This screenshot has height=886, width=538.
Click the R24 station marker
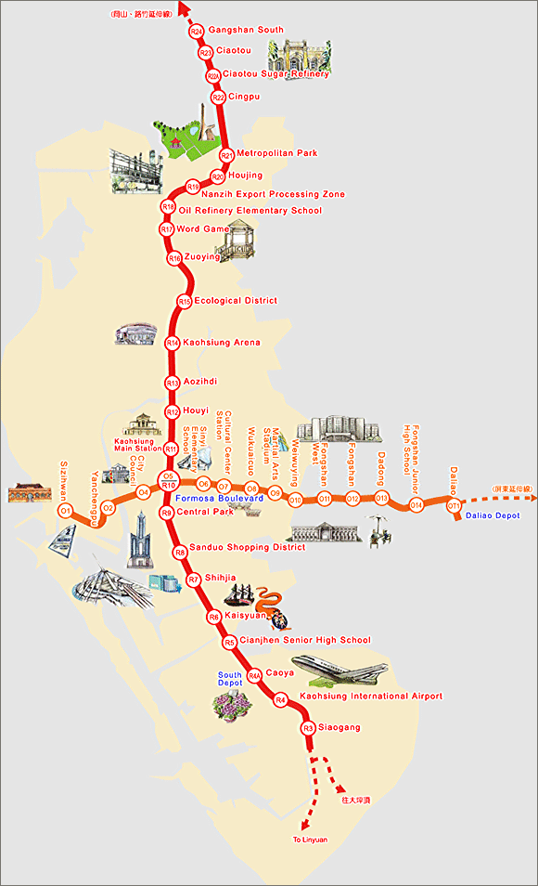click(196, 31)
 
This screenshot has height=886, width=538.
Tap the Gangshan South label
click(246, 31)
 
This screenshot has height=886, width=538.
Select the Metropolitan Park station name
click(276, 153)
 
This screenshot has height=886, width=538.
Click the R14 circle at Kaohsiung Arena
click(172, 343)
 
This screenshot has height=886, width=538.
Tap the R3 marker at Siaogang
click(309, 728)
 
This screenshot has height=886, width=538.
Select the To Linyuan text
click(309, 840)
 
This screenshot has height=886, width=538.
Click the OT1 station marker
click(454, 506)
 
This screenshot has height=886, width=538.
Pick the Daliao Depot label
click(493, 515)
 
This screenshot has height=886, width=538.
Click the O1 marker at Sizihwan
click(65, 511)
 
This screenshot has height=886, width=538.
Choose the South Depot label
click(230, 679)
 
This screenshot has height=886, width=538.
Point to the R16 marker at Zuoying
click(174, 257)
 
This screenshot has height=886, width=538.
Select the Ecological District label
click(235, 301)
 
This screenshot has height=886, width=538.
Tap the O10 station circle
click(295, 501)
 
